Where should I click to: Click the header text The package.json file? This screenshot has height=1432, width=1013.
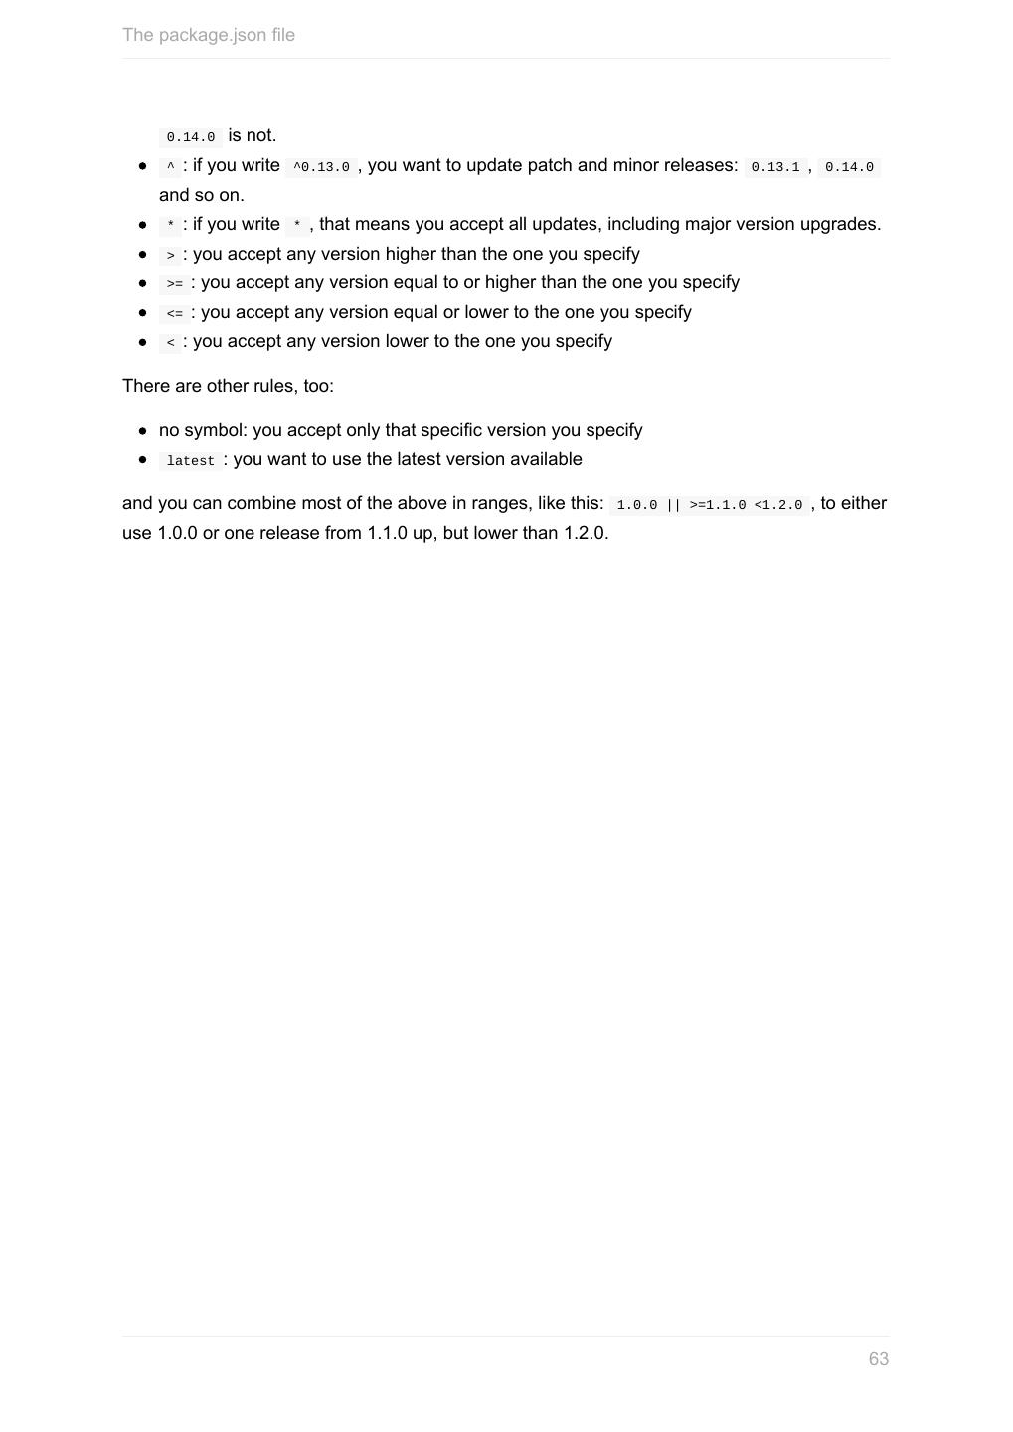pos(209,35)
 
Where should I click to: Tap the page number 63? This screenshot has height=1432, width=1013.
pos(878,1359)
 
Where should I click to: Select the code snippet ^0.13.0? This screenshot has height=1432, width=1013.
pos(321,167)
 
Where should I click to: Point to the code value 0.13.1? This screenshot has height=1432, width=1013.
pos(774,167)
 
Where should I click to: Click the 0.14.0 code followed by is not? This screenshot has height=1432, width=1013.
pos(190,137)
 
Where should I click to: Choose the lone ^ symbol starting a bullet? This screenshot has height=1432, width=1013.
pos(171,167)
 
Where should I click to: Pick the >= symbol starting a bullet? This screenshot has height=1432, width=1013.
pos(175,284)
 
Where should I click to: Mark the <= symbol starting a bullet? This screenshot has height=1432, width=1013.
pos(175,314)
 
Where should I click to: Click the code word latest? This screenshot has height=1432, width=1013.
pos(190,461)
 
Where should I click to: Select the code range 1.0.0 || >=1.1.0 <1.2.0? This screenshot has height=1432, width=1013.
pos(709,505)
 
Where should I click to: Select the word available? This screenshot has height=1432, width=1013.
pos(546,459)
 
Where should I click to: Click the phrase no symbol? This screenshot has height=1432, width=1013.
pos(203,430)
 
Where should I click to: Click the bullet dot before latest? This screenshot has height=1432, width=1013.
pos(143,459)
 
